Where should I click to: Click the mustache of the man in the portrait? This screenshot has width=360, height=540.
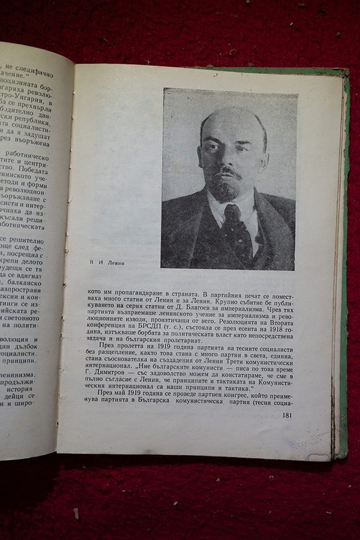pyautogui.click(x=229, y=173)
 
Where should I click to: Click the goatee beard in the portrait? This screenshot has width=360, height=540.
pyautogui.click(x=227, y=191)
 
